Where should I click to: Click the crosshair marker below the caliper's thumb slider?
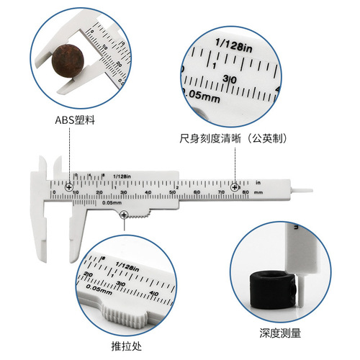pyautogui.click(x=125, y=215)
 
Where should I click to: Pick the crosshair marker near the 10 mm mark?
pyautogui.click(x=69, y=186)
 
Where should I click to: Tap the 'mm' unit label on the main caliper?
pyautogui.click(x=258, y=193)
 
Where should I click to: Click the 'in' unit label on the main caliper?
pyautogui.click(x=257, y=182)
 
